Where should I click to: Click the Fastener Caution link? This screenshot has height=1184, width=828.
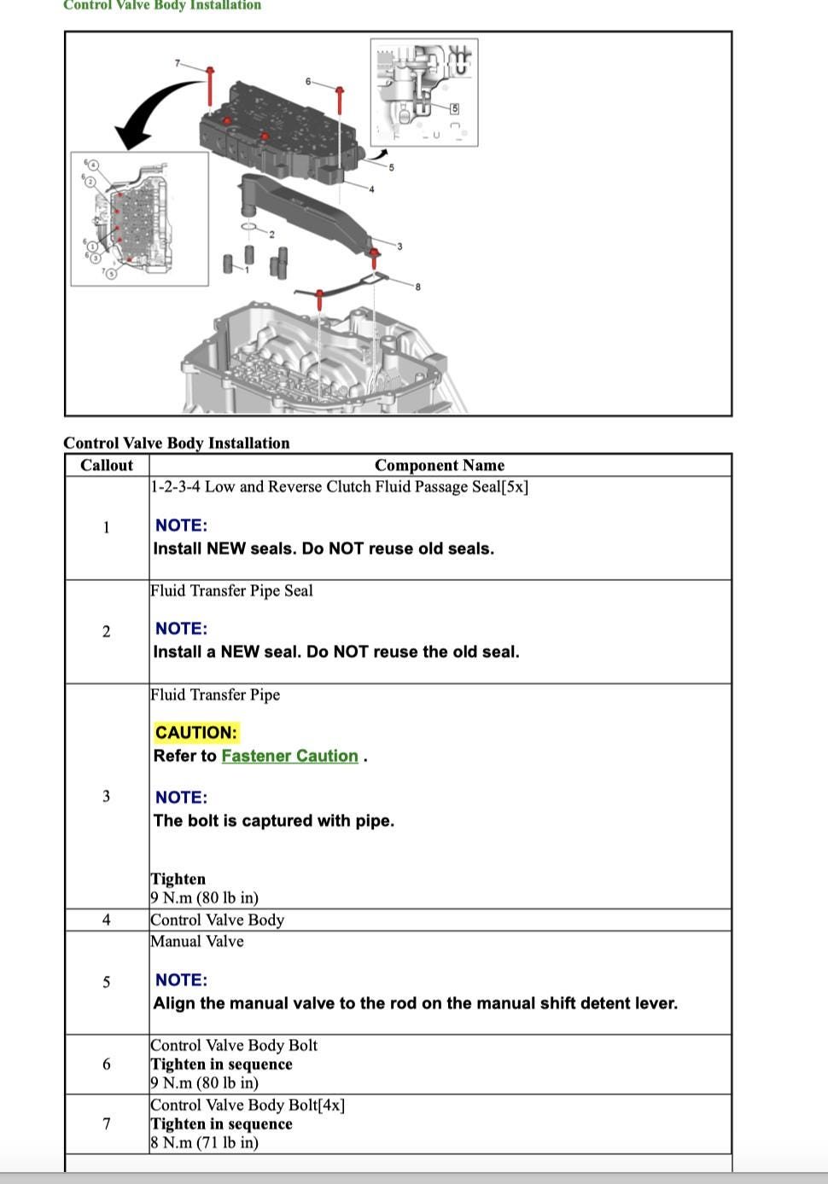click(289, 756)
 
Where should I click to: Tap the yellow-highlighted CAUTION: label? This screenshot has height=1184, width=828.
click(195, 732)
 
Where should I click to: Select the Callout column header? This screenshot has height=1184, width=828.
click(107, 465)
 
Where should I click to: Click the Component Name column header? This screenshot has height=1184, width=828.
click(439, 465)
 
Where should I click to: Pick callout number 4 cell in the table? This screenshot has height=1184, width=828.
click(107, 920)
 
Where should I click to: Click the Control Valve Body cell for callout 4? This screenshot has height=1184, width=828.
click(217, 920)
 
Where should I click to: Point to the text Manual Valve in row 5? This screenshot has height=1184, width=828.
click(197, 941)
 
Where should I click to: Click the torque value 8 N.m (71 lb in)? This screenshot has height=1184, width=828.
click(204, 1142)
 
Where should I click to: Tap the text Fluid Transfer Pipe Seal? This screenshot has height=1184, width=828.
click(231, 590)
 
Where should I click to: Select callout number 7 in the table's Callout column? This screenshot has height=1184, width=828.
click(107, 1123)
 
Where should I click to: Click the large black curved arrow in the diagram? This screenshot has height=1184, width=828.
click(154, 111)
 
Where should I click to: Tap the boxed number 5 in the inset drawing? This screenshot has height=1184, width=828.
click(454, 108)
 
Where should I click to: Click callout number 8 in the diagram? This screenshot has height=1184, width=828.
click(417, 287)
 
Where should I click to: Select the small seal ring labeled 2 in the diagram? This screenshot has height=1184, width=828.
click(250, 227)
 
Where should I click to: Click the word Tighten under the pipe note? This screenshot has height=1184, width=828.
click(178, 879)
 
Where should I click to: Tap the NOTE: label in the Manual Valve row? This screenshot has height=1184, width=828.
click(181, 980)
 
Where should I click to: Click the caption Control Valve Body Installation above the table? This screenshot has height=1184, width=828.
click(176, 443)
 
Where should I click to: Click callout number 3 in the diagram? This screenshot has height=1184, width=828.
click(399, 247)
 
